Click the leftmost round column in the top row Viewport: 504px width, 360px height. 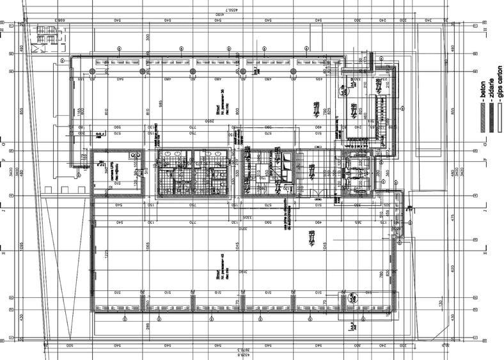click(x=92, y=71)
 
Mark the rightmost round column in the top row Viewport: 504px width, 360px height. click(x=294, y=71)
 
